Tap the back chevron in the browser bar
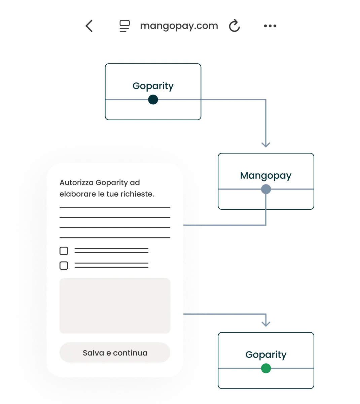[x=89, y=26]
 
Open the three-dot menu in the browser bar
[x=270, y=26]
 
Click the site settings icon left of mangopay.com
[x=124, y=26]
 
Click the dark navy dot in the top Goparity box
[x=153, y=100]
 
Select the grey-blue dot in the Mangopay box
[x=266, y=189]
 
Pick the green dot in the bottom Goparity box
[x=266, y=368]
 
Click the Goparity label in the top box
[x=153, y=86]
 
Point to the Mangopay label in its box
[x=266, y=176]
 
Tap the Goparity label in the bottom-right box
[x=266, y=355]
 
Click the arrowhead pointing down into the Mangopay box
[x=266, y=145]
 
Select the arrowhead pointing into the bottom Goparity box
[x=266, y=324]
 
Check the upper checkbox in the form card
[x=64, y=251]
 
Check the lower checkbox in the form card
[x=64, y=265]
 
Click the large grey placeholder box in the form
[x=115, y=306]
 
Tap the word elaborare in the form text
[x=78, y=194]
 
